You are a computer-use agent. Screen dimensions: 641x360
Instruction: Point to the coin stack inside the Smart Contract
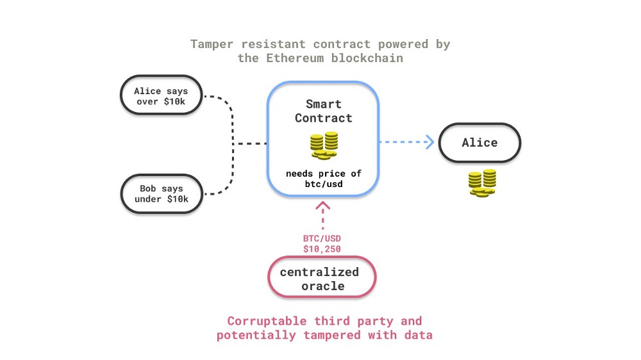point(324,145)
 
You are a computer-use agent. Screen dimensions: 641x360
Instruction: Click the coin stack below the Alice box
point(483,183)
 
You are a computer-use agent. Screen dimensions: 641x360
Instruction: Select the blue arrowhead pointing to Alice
point(430,142)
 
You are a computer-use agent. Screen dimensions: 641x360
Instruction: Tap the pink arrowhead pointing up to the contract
point(323,205)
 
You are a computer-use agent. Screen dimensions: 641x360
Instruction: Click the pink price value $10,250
point(322,249)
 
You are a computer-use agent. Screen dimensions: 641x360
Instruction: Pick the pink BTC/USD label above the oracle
point(322,238)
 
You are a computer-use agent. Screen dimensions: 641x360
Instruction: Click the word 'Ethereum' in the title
point(295,58)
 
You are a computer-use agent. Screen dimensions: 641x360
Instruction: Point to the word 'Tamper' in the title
point(212,44)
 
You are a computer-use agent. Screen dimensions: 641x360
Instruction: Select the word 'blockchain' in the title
point(367,58)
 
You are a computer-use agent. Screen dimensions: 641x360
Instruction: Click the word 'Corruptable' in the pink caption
point(267,321)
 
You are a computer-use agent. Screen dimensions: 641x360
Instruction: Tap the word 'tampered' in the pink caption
point(332,335)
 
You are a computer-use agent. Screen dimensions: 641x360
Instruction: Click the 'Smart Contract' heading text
point(323,111)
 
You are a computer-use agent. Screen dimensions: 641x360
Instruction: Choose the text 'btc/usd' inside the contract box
point(324,184)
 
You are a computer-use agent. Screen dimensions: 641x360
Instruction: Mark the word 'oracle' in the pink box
point(323,286)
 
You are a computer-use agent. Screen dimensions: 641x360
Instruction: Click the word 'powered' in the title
point(403,44)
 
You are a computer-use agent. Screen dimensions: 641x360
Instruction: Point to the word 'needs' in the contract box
point(299,174)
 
